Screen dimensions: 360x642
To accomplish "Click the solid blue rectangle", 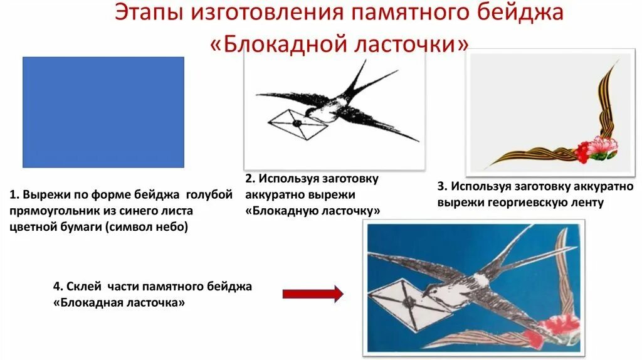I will coord(103,112).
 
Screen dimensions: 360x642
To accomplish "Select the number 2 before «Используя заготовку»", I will coord(249,179).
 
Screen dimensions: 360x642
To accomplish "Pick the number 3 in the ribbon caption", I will coord(441,187).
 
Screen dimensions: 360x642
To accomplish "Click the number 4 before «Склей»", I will coord(57,287).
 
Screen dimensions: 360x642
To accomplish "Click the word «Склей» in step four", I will coord(83,287).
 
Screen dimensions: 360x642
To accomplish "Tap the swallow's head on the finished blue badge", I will coord(426,290).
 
